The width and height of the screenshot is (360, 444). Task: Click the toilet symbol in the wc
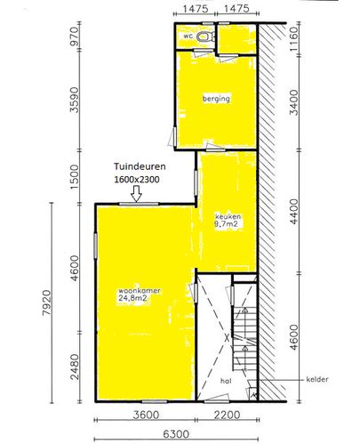[206, 36]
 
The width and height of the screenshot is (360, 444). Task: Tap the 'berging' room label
[216, 99]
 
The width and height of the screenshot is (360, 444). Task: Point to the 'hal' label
[226, 381]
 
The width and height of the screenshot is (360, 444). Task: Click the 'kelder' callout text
[317, 379]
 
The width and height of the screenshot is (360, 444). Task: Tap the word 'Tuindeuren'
[140, 166]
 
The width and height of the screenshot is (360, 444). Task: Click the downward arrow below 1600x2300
[136, 194]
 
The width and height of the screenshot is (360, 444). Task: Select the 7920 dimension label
[47, 303]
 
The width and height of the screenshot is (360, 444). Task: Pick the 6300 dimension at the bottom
[176, 434]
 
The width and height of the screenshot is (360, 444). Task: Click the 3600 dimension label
[146, 415]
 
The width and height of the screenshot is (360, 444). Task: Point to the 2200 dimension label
[227, 415]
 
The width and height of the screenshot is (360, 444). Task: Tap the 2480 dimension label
[76, 367]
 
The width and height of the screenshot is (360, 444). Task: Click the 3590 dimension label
[75, 100]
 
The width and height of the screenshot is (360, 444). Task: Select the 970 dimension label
[75, 36]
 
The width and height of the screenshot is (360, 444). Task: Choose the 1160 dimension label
[293, 39]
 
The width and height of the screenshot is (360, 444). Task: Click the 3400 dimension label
[293, 102]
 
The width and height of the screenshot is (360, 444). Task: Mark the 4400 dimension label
[294, 212]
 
